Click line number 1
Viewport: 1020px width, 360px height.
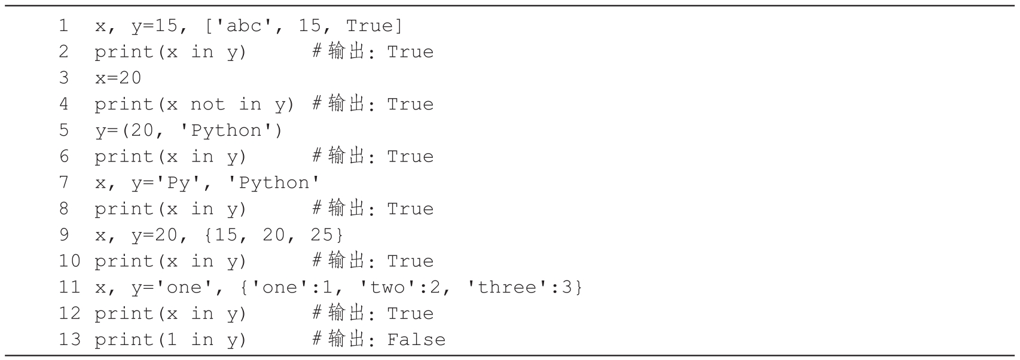coord(63,26)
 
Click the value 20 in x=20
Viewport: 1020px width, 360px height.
coord(130,78)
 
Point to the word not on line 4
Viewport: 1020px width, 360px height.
coord(207,104)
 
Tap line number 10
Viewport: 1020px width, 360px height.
coord(69,261)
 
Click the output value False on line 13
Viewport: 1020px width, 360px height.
coord(416,340)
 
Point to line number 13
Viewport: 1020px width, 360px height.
coord(69,340)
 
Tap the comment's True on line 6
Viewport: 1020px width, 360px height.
coord(410,157)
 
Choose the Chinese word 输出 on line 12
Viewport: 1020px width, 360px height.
coord(347,313)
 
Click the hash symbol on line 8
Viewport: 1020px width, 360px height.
coord(317,209)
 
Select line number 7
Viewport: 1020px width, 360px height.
coord(63,182)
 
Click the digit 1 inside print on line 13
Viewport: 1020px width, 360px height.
coord(172,340)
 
